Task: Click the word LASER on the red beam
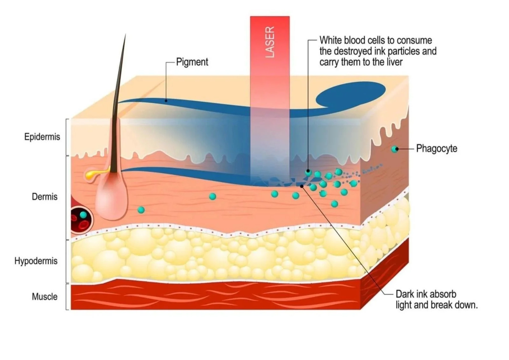(x=270, y=42)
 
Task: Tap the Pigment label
(x=192, y=62)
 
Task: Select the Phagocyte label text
(x=436, y=149)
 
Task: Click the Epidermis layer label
(x=42, y=137)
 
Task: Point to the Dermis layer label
(x=45, y=197)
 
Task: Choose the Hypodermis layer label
(x=36, y=261)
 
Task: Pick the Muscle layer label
(x=45, y=297)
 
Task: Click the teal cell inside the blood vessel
(x=83, y=215)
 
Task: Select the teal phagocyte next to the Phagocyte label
(x=395, y=149)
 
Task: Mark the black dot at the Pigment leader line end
(x=166, y=101)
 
